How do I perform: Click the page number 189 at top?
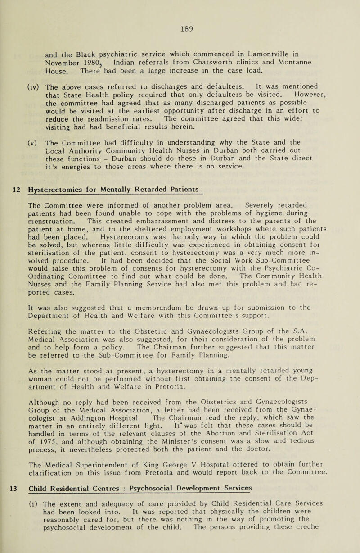(180, 13)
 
